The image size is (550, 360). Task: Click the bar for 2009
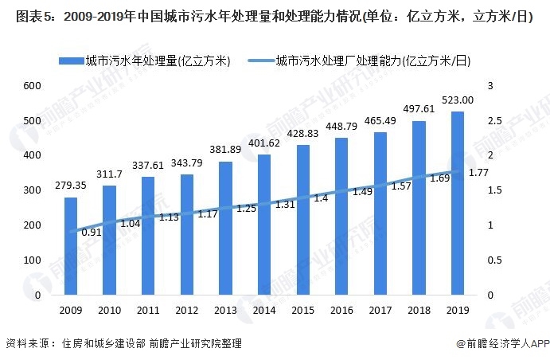[71, 246]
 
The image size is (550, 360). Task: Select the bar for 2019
[458, 203]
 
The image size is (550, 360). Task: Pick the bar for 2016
[341, 216]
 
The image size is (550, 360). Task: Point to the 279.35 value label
[71, 186]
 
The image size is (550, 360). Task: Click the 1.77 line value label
[479, 173]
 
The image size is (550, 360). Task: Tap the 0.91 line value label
[92, 233]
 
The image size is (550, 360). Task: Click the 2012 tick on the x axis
[187, 310]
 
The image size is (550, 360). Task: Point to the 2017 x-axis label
[380, 310]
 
